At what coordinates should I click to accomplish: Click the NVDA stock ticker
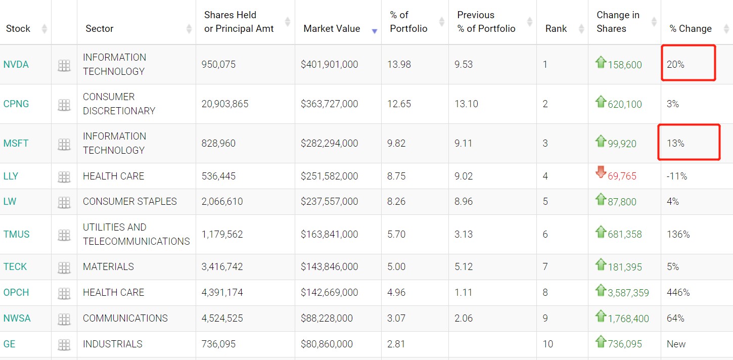(x=16, y=65)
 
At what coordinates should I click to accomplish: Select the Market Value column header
(x=332, y=29)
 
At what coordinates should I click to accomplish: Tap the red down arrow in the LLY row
(x=601, y=172)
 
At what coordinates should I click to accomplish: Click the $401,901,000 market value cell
(x=329, y=65)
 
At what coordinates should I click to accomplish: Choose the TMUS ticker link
(x=17, y=235)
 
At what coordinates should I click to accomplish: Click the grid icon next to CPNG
(x=64, y=105)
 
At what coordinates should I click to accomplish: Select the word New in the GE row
(x=676, y=344)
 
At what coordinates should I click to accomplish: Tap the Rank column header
(x=556, y=29)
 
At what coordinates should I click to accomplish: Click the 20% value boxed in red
(x=675, y=65)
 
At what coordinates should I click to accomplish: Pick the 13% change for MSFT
(x=675, y=144)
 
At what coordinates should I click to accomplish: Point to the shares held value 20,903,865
(x=225, y=104)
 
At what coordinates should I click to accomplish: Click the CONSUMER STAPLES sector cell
(x=130, y=202)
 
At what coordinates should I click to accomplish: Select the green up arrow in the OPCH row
(x=601, y=290)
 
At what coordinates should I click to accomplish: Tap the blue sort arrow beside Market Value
(x=375, y=31)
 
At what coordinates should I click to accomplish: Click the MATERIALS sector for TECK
(x=108, y=267)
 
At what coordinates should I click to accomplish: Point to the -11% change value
(x=677, y=176)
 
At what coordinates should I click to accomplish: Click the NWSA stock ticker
(x=17, y=319)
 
